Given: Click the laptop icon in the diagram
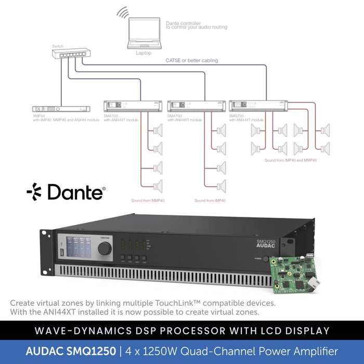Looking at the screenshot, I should [144, 35].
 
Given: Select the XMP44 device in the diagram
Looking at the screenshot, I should [63, 108].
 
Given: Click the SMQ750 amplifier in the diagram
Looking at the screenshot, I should [258, 106].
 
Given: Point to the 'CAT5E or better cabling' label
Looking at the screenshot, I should [192, 60].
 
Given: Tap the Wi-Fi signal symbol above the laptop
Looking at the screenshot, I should [123, 12].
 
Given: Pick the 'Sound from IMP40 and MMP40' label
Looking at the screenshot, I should [290, 160].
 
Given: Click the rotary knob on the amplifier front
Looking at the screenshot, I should [104, 249].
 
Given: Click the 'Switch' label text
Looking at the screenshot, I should [58, 46].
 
